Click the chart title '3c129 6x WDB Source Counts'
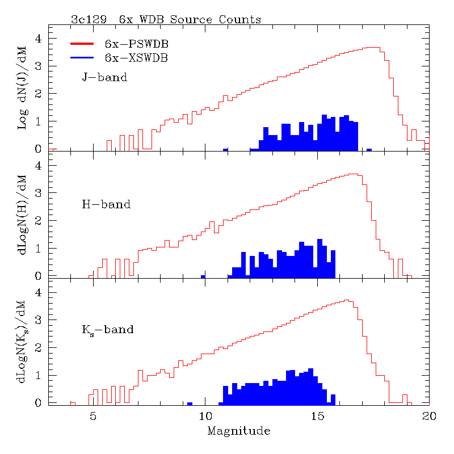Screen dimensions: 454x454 (166, 19)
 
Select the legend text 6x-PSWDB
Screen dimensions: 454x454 (136, 44)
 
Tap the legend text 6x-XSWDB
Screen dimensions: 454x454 (136, 57)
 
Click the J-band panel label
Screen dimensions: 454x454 (104, 77)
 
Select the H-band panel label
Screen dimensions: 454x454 (106, 204)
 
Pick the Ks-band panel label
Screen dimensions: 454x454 (108, 329)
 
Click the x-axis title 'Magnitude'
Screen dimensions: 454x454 (238, 431)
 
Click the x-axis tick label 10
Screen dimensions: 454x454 (205, 416)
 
